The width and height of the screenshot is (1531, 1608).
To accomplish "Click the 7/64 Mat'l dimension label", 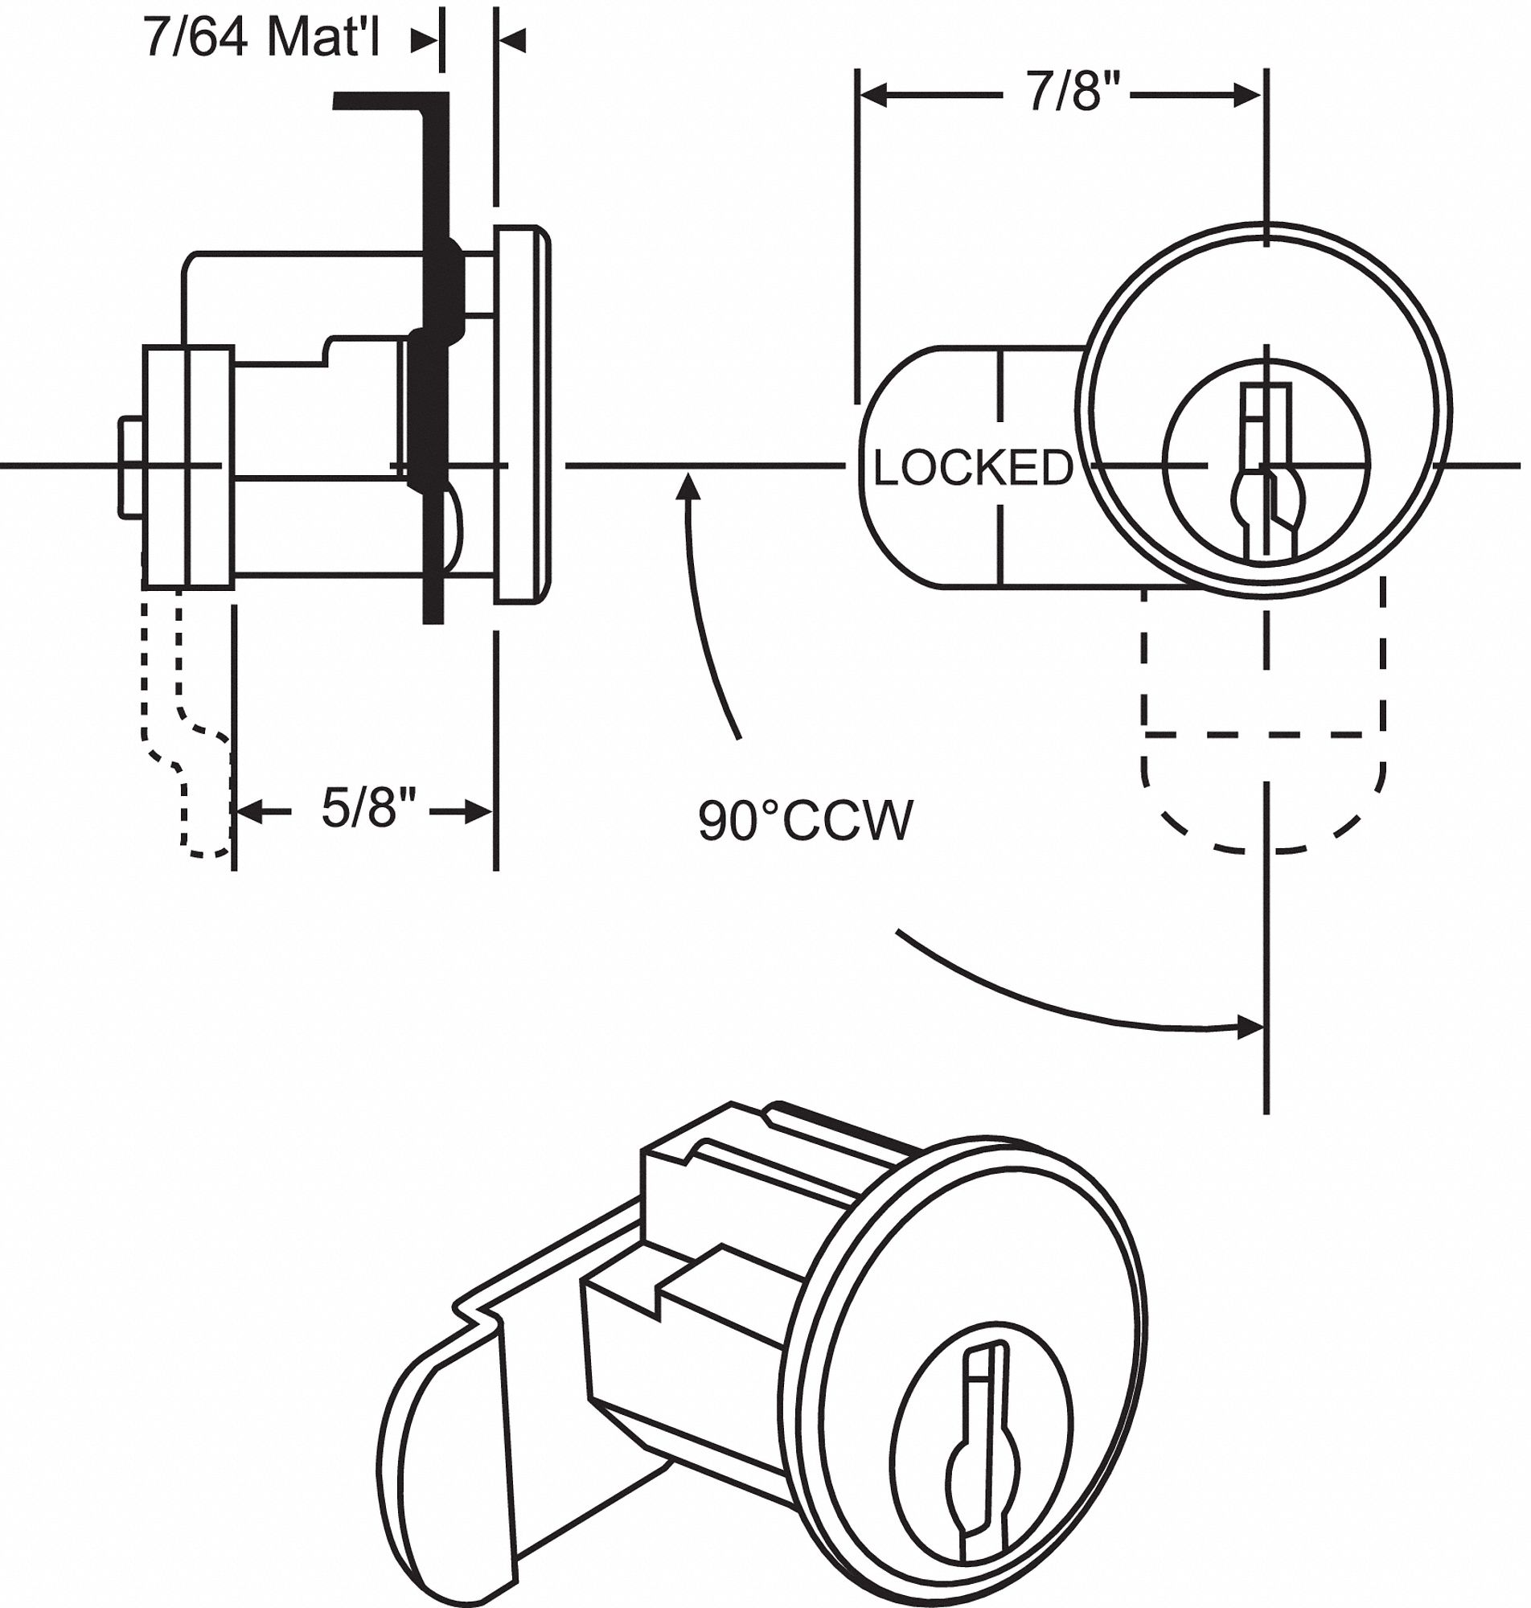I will click(261, 38).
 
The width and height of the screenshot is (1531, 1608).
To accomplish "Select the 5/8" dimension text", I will click(369, 810).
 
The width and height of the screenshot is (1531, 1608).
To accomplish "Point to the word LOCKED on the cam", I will click(972, 469).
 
